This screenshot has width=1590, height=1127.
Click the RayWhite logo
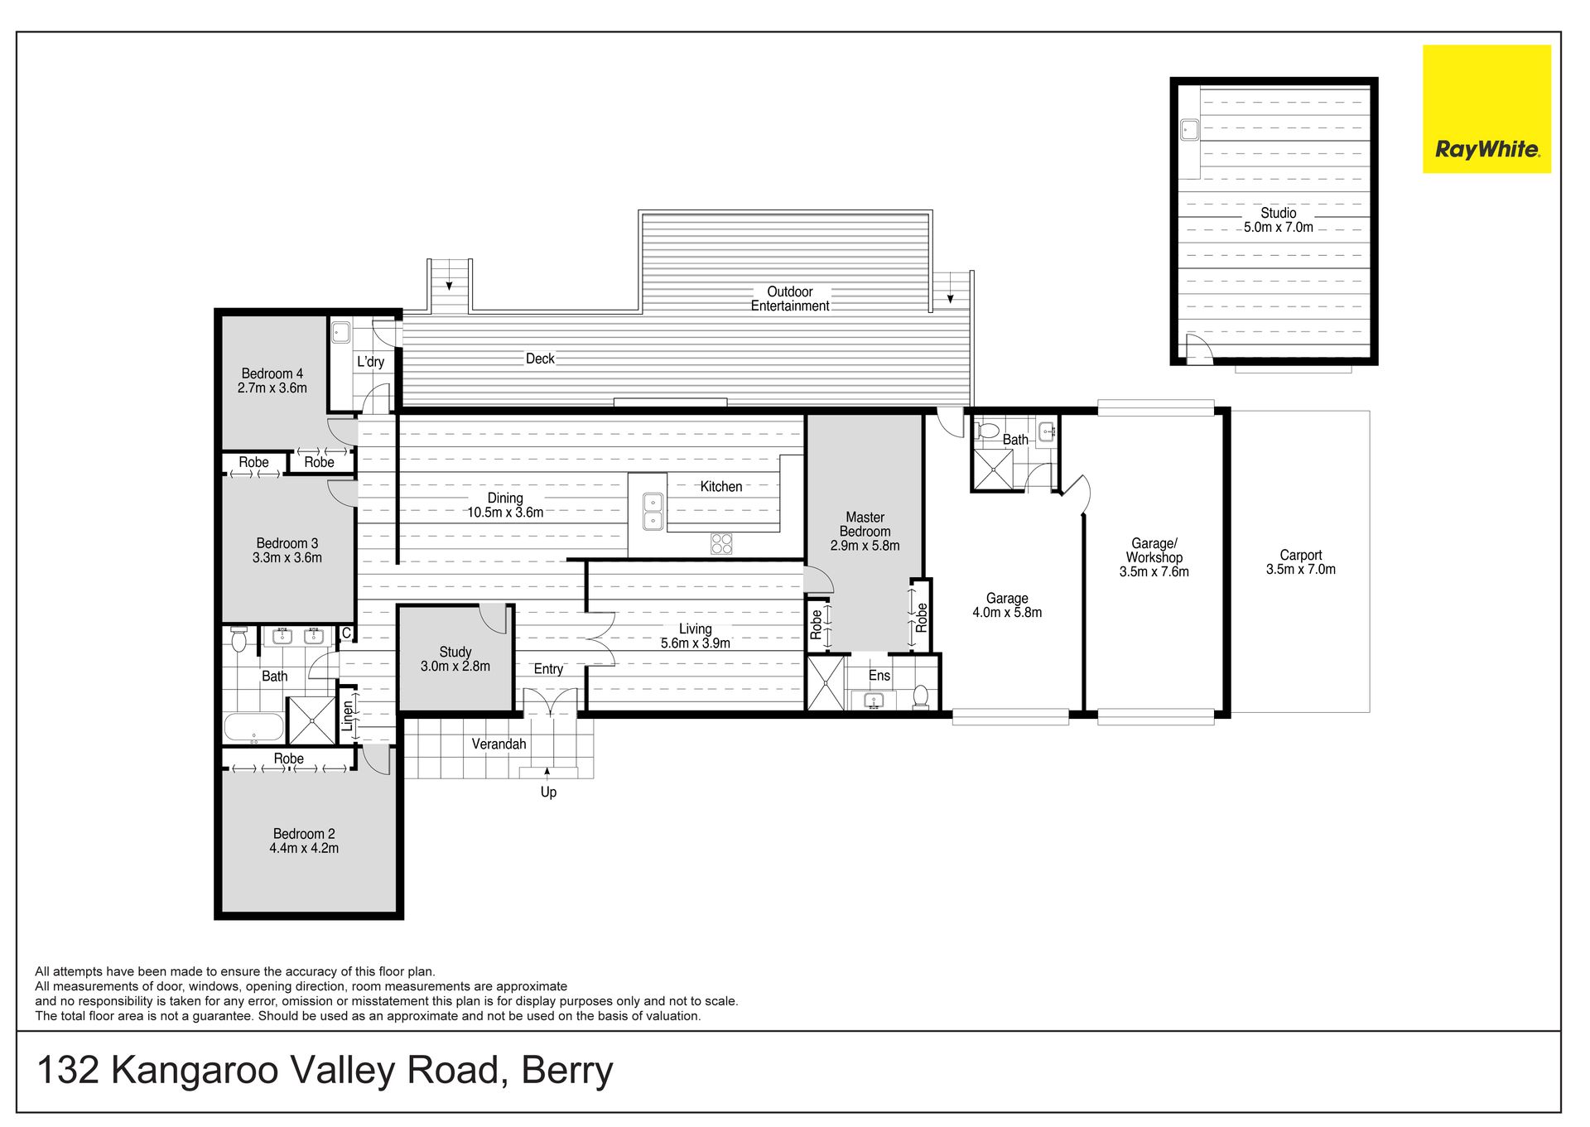point(1486,109)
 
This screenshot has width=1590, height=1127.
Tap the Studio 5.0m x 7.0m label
point(1278,220)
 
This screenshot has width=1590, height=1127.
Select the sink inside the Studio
point(1189,130)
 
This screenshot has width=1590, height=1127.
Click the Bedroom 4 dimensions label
point(272,388)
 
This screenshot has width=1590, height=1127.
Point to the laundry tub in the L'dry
point(340,333)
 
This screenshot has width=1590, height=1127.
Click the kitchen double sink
point(653,511)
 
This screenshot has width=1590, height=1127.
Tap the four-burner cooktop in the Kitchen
point(721,543)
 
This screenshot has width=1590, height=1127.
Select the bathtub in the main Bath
point(254,727)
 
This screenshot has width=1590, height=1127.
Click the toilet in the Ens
point(920,696)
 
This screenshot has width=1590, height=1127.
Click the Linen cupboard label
point(348,716)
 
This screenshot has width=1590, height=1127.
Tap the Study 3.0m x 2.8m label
point(455,659)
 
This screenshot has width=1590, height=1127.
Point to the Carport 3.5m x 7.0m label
point(1300,562)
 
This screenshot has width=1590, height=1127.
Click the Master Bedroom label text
point(865,524)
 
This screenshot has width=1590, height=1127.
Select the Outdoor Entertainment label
point(790,299)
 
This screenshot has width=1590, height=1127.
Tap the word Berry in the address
point(567,1070)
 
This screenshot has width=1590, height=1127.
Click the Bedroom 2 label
point(304,834)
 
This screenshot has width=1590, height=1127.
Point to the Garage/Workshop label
point(1154,551)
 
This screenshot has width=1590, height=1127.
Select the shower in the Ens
point(826,683)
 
